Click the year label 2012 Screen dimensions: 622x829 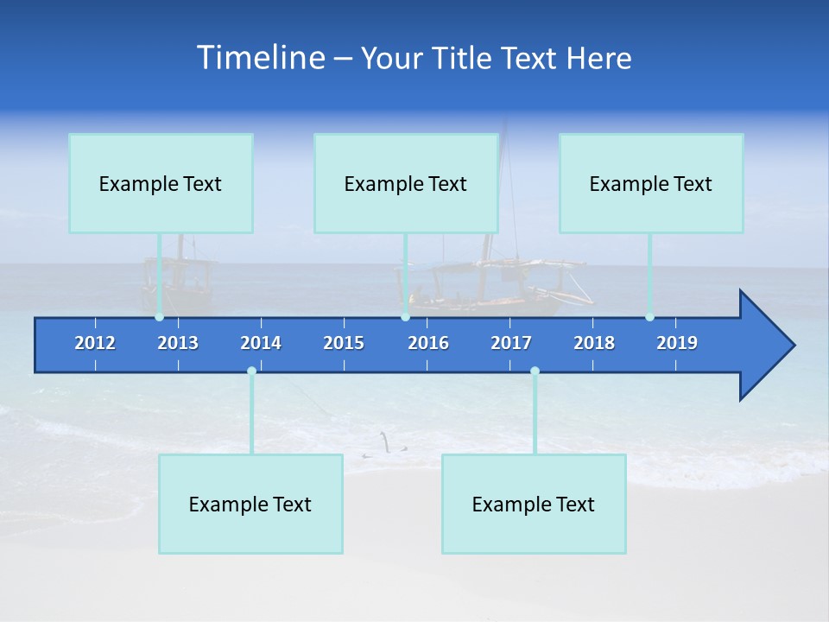[95, 343]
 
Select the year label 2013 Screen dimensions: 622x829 [178, 343]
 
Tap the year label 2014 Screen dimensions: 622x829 [261, 343]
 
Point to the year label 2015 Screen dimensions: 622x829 [344, 343]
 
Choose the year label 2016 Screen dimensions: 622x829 [428, 343]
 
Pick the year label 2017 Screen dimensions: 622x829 [511, 343]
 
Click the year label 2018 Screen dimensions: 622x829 [594, 343]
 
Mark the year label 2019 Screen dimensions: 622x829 [677, 343]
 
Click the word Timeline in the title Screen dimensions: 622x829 [260, 58]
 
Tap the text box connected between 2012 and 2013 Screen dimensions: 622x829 [161, 183]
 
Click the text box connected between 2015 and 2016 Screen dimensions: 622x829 [406, 183]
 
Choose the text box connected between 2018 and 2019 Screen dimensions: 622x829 [651, 183]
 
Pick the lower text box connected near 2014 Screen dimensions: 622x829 [250, 504]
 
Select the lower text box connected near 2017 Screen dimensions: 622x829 [534, 504]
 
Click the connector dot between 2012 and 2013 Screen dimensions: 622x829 [160, 317]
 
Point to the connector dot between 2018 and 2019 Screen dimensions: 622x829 [649, 317]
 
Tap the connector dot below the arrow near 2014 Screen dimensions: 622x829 [251, 371]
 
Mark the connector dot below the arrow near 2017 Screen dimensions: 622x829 [535, 371]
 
